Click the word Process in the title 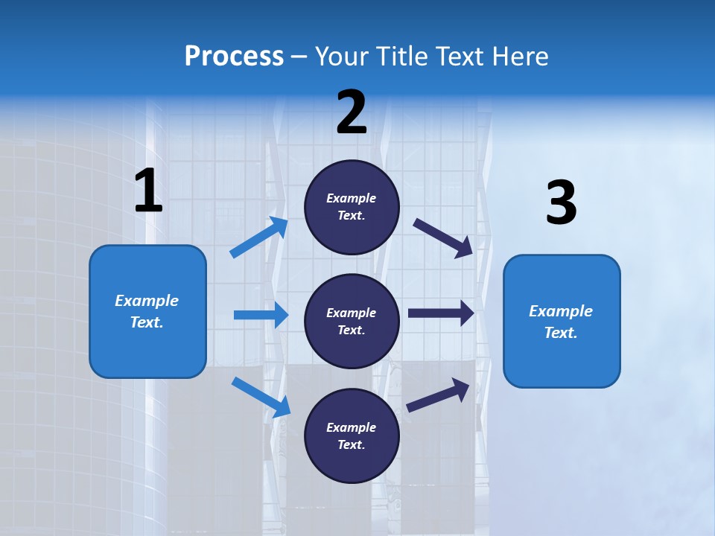[x=234, y=57]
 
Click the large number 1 [x=148, y=191]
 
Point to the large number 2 [x=352, y=112]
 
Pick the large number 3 [x=561, y=203]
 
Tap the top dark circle [x=352, y=207]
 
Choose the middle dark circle [x=352, y=321]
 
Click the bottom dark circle [x=352, y=435]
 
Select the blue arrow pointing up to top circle [x=259, y=237]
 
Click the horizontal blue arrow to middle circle [x=261, y=315]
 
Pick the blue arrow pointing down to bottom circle [x=261, y=397]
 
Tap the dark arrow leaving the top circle [x=443, y=237]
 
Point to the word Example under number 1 [x=147, y=301]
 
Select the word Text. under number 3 [x=561, y=333]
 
